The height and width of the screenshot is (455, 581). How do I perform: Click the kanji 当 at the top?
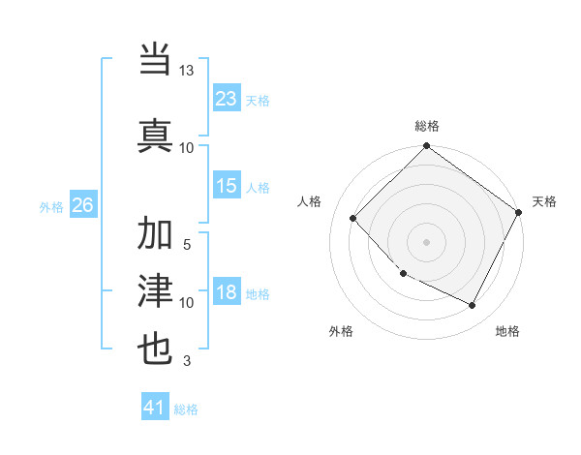[156, 60]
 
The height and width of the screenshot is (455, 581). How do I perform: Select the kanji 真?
[156, 132]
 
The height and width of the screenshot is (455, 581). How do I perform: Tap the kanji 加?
[156, 234]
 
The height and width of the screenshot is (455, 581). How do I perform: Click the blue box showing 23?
[227, 99]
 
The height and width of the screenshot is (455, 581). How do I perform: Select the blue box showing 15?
[227, 187]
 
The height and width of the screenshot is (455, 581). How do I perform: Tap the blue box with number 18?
[227, 293]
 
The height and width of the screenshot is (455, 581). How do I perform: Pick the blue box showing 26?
[82, 205]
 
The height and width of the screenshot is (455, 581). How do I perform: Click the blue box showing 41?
[155, 408]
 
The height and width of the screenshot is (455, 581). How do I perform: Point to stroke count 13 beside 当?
[187, 71]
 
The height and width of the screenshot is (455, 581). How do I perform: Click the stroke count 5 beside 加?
[187, 244]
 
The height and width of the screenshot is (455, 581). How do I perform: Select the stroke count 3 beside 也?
[187, 361]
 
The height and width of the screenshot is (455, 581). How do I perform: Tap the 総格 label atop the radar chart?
[427, 126]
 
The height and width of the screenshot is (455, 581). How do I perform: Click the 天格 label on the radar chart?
[544, 201]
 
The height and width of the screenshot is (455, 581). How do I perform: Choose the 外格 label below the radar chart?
[341, 331]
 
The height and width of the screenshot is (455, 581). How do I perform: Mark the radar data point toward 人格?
[353, 218]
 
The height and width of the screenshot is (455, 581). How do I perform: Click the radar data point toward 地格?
[473, 306]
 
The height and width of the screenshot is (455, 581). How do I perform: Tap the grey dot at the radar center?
[426, 241]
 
